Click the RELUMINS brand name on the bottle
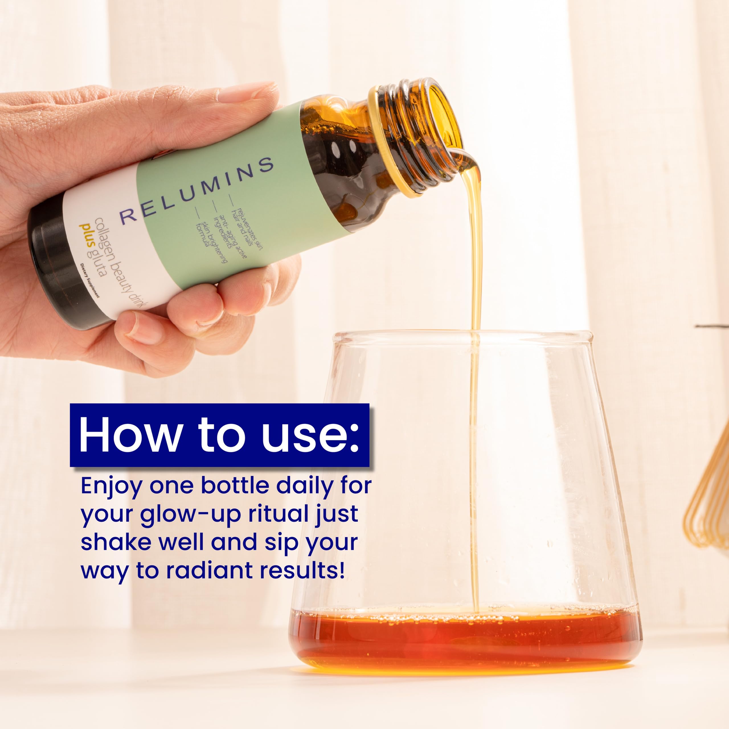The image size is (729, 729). pyautogui.click(x=196, y=189)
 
